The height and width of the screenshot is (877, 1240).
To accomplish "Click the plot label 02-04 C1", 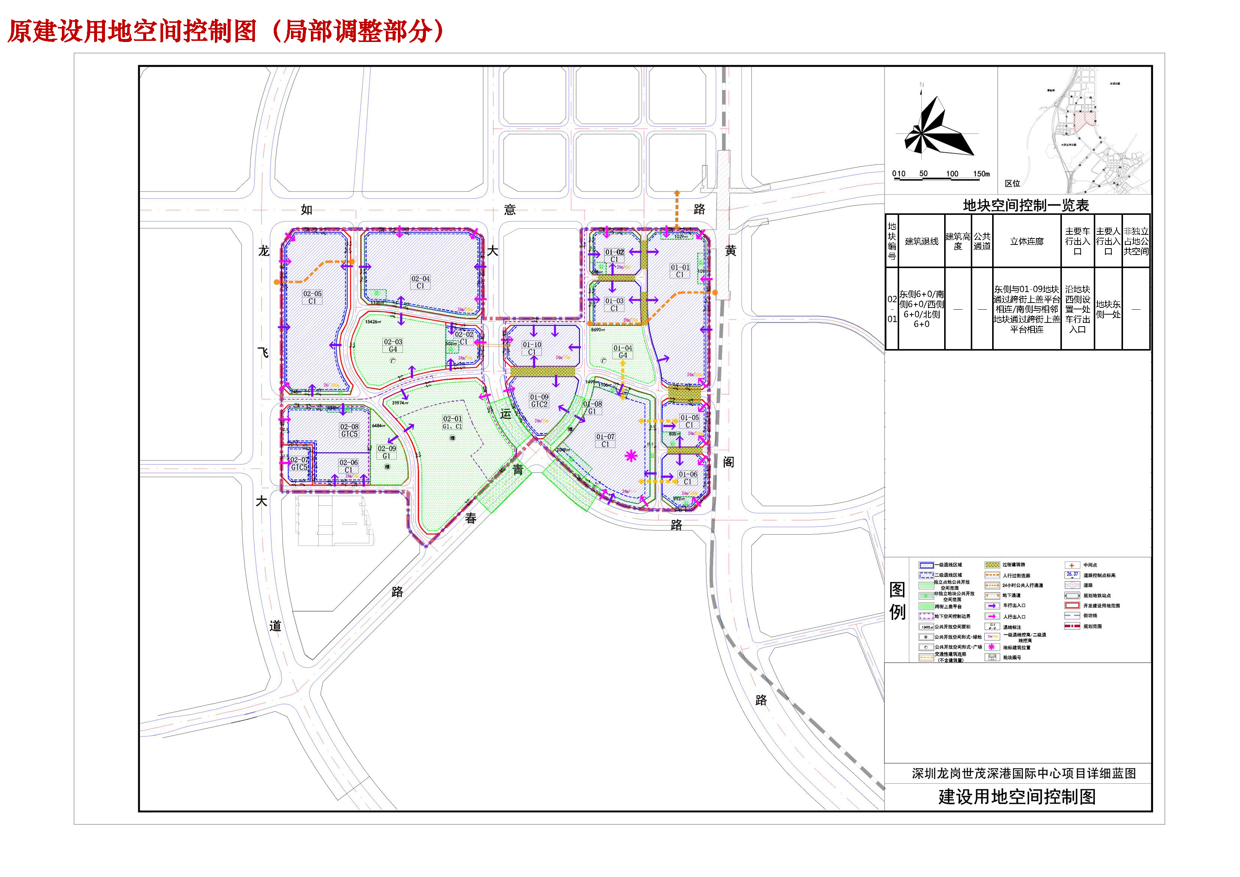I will coord(420,282).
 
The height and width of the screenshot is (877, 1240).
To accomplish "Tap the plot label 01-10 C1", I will coord(532,348).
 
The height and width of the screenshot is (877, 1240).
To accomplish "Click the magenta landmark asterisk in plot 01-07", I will coord(631,456).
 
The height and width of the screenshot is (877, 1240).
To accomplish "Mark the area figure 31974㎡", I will coord(400,403).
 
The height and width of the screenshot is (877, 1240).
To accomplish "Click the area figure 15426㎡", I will coord(373,322).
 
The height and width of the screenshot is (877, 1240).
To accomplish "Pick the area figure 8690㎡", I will coord(598,330).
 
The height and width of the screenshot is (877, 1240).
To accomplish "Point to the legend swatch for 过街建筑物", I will coord(992,565).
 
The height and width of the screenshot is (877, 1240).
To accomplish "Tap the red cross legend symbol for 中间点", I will coord(1072,565).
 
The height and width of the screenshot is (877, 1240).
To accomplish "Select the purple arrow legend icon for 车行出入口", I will coord(992,606).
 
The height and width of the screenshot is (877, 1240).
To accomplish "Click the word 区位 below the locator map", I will coord(1012,184).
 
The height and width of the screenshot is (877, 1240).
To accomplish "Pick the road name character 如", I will coord(307,210).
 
